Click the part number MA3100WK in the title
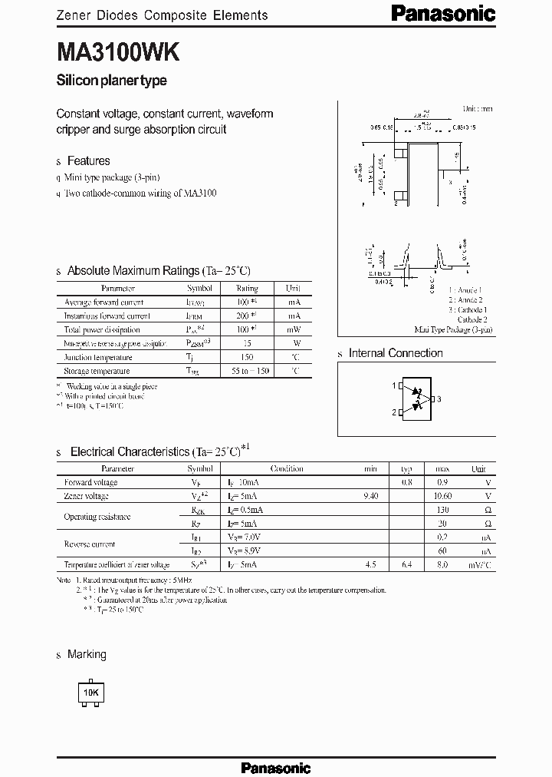tap(118, 52)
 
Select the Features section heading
tap(88, 161)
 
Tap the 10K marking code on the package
tap(91, 693)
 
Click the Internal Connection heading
tap(396, 353)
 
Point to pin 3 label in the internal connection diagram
tap(439, 399)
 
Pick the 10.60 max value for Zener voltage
tap(442, 496)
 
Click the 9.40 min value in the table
tap(370, 496)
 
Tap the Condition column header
tap(287, 468)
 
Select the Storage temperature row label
tap(98, 371)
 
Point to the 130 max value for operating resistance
tap(442, 510)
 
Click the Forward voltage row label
tap(91, 482)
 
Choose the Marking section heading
tap(87, 655)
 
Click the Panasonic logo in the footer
tap(276, 768)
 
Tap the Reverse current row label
tap(90, 544)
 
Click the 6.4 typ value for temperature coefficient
tap(406, 565)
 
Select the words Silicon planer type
tap(112, 81)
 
